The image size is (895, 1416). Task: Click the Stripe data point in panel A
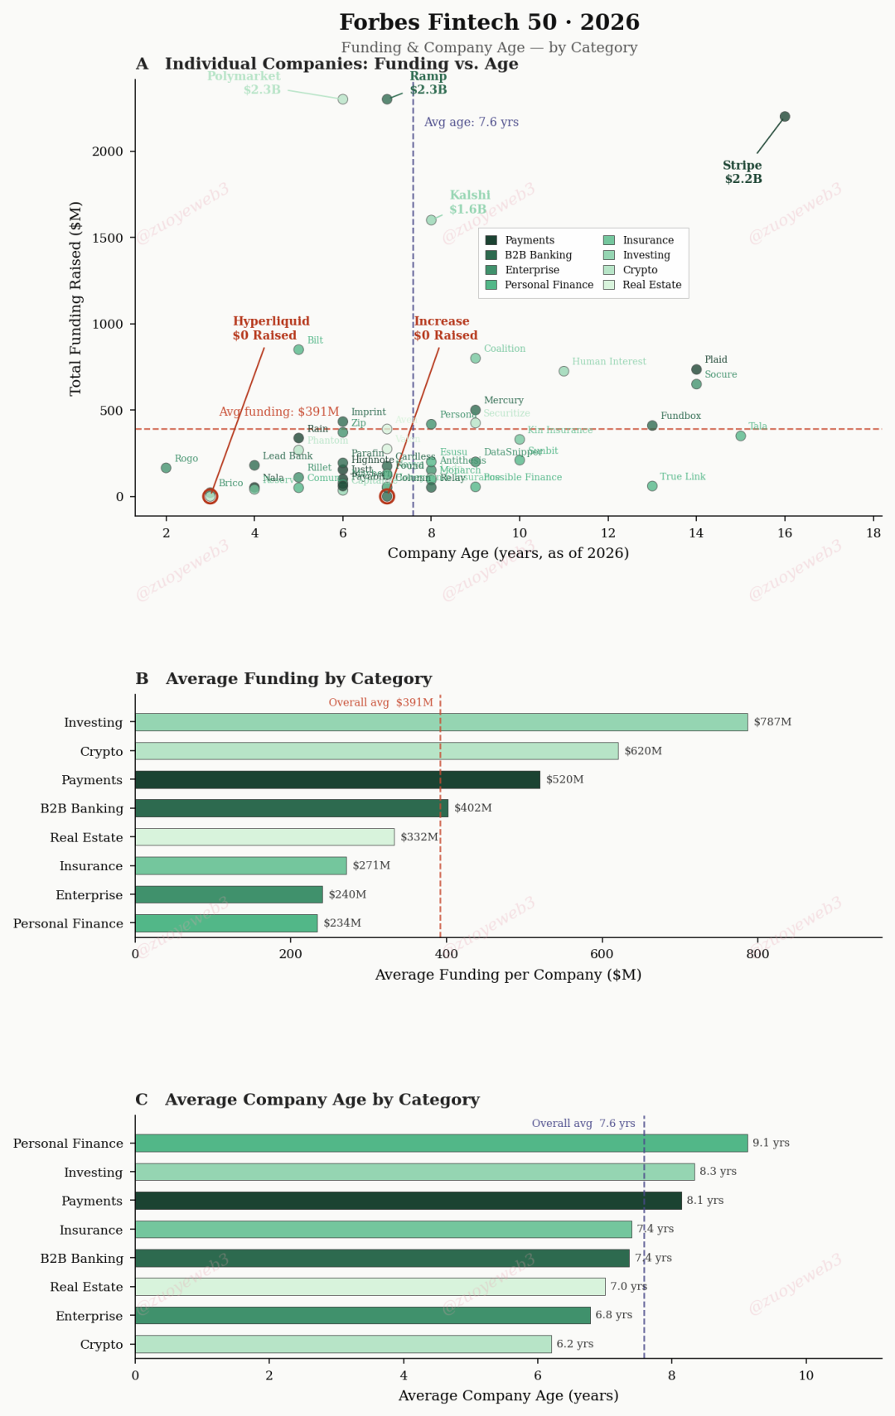785,117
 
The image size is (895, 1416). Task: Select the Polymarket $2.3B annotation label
244,83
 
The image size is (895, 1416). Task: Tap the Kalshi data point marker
431,220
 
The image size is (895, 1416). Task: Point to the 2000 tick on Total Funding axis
108,152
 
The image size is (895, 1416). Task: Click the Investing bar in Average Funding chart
441,722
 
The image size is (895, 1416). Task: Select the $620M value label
643,751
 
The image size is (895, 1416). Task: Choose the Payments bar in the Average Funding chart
337,780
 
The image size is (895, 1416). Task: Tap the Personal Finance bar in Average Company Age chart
441,1143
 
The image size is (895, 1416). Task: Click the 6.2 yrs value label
575,1344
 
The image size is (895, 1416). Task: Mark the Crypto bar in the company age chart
343,1344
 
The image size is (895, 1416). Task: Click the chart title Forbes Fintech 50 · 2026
489,22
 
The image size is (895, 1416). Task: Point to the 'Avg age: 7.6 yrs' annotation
472,123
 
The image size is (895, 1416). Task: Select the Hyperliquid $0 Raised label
271,328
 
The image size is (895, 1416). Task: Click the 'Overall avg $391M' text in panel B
380,703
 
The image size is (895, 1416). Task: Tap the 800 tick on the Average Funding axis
757,954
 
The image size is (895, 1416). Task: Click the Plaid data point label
716,359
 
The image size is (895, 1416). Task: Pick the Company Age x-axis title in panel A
508,553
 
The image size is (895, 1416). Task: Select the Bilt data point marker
298,349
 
